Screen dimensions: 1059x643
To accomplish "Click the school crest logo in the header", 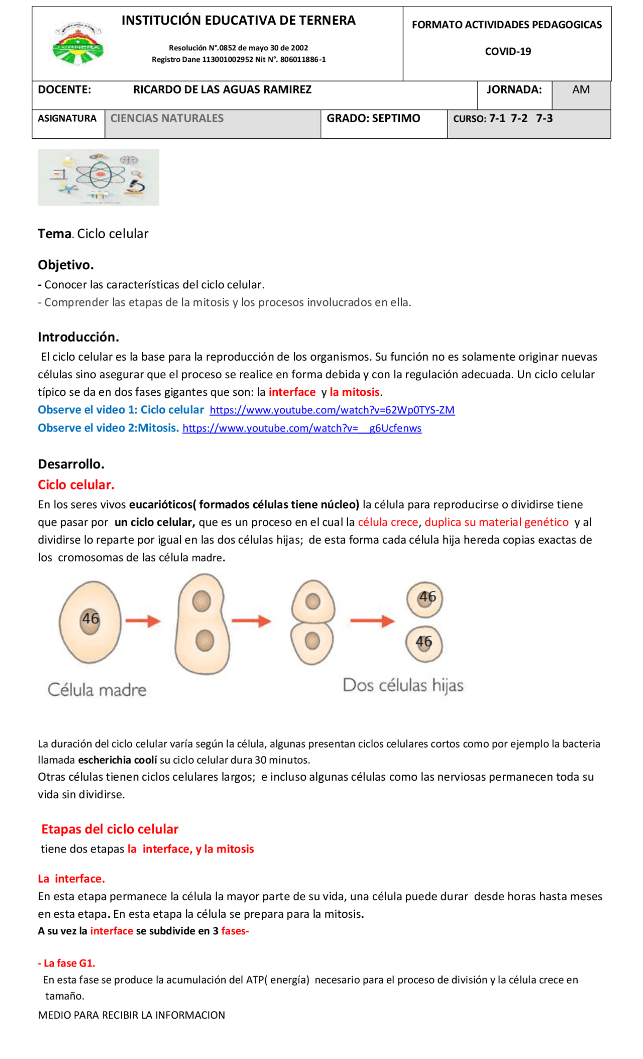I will [x=78, y=44].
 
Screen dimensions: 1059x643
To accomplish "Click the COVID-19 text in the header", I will [x=507, y=52].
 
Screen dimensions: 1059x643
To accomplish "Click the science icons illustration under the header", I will [x=98, y=177].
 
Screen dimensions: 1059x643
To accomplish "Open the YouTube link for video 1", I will [x=332, y=410].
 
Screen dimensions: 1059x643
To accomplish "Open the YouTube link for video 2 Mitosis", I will [x=302, y=428].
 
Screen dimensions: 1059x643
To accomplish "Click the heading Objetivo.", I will [x=66, y=265].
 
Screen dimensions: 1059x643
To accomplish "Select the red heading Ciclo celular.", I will [x=76, y=485].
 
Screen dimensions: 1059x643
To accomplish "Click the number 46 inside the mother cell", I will [x=90, y=618].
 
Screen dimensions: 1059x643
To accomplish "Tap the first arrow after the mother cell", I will [x=143, y=621].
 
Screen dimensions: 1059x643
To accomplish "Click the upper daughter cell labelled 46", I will [x=425, y=598].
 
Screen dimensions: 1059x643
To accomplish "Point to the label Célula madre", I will [x=97, y=690].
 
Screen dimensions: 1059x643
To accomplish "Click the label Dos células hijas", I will [x=403, y=685].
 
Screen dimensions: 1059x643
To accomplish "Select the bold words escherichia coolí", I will [x=118, y=760].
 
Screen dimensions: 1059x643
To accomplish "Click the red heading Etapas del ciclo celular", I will [x=110, y=829].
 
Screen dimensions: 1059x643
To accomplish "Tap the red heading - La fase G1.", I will [x=67, y=963].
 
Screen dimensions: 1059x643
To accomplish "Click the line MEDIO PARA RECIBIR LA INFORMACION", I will [x=132, y=1015].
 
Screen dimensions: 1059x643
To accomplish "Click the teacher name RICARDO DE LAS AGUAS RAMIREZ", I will [x=222, y=90].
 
